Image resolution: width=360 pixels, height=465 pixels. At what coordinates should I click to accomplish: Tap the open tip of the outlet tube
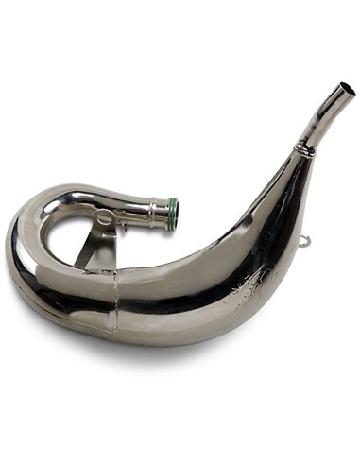coord(347,89)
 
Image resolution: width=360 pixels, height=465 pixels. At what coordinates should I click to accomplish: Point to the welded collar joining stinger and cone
coord(304,148)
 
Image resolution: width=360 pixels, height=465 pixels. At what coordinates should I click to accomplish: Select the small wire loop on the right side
coord(303,243)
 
